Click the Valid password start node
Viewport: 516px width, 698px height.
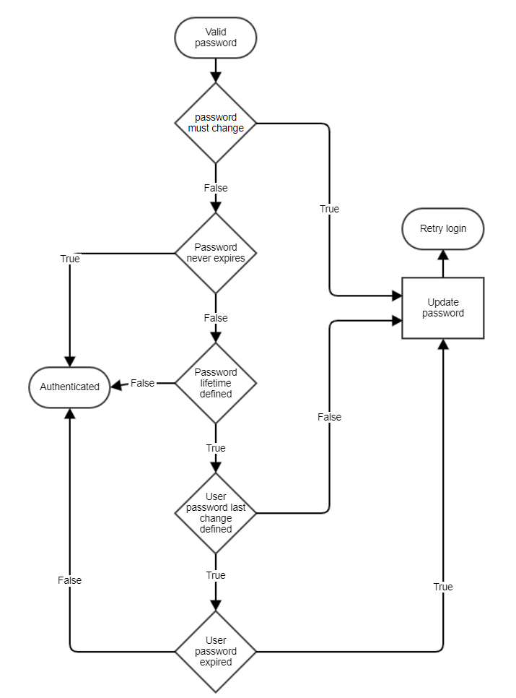[215, 38]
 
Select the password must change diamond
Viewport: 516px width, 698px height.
[216, 123]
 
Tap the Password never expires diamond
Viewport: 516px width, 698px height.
[216, 253]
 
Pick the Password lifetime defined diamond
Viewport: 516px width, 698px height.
[216, 383]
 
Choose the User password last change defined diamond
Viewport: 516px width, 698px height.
[216, 513]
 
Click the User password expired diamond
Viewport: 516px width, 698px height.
[216, 651]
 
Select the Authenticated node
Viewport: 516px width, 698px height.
[69, 387]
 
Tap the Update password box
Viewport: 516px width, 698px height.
[442, 308]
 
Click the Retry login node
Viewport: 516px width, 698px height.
[442, 229]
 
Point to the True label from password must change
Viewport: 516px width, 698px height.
[329, 209]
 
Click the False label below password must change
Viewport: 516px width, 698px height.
[216, 188]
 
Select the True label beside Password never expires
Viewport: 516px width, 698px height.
[70, 259]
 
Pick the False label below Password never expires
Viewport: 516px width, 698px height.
[216, 318]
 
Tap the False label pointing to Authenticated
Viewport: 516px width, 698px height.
[143, 383]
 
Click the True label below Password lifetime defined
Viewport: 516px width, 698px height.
[216, 448]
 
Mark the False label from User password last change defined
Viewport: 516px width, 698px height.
[329, 417]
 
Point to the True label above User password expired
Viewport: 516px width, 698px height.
[216, 575]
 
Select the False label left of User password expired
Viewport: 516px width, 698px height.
[70, 580]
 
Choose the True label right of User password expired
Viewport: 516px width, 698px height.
[443, 587]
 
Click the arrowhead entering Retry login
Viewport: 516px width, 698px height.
[442, 255]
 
